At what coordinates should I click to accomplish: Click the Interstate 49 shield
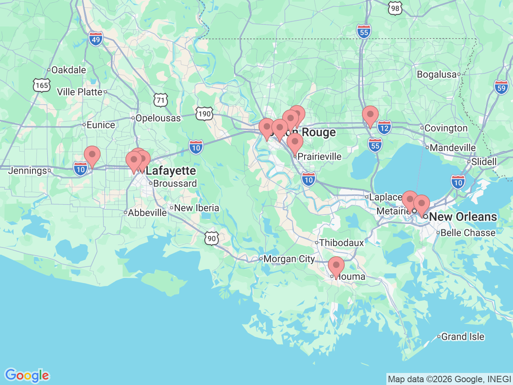[x=96, y=39]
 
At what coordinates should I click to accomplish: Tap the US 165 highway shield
[x=42, y=85]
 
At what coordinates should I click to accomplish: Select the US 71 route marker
[x=161, y=100]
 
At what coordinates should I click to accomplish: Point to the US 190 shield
[x=204, y=114]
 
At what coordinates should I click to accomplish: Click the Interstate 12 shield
[x=384, y=128]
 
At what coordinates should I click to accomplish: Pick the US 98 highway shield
[x=395, y=8]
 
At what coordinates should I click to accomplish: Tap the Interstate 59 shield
[x=501, y=87]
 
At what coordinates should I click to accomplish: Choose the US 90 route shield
[x=212, y=239]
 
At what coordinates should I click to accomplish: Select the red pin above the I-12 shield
[x=370, y=115]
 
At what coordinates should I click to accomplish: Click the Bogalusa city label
[x=436, y=74]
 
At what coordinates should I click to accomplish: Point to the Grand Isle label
[x=463, y=336]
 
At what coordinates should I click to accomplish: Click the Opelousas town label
[x=158, y=118]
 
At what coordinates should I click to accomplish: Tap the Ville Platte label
[x=80, y=92]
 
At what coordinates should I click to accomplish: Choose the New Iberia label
[x=196, y=208]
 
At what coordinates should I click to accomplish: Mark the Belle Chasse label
[x=468, y=233]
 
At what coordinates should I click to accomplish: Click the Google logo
[x=27, y=375]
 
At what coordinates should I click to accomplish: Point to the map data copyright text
[x=449, y=379]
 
